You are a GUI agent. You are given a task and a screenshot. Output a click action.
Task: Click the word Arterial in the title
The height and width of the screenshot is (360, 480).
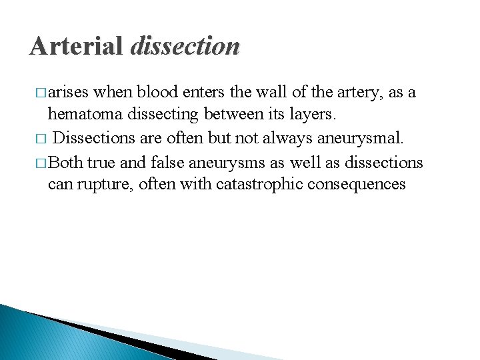pos(77,46)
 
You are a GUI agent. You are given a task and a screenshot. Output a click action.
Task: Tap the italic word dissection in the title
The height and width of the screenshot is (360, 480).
pos(185,46)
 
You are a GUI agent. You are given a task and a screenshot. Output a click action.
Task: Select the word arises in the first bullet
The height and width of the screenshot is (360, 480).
pos(70,93)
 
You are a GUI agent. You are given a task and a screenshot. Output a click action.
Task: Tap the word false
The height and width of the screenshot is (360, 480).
pos(168,161)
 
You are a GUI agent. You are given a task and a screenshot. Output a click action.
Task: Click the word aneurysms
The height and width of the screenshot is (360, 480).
pos(235,162)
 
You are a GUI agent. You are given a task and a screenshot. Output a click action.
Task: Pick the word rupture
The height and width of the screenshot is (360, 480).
pos(108,185)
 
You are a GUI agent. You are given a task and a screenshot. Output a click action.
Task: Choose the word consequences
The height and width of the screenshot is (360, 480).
pos(356,185)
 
